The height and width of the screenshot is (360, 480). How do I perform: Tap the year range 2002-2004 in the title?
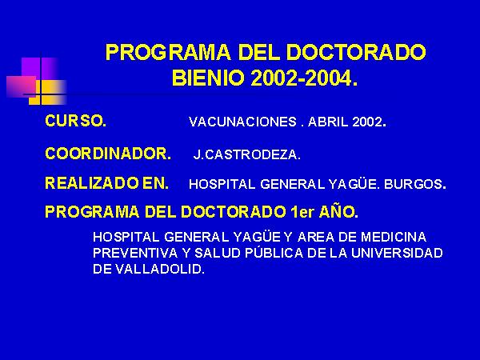coord(303,78)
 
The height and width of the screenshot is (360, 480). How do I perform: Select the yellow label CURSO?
coord(76,121)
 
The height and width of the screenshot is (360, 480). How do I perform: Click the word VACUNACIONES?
coord(242,122)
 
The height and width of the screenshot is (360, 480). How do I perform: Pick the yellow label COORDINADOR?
coord(108,154)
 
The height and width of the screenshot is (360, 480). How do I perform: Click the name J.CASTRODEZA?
coord(246,154)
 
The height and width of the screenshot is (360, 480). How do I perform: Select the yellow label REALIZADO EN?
coord(107,183)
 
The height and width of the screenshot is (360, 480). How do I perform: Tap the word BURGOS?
coord(414,184)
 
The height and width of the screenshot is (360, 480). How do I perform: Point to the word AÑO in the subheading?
coord(338,211)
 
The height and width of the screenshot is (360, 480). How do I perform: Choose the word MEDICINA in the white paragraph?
coord(394,238)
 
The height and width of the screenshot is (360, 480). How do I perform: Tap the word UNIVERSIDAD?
coord(397,253)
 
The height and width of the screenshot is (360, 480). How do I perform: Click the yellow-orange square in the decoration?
coord(47,92)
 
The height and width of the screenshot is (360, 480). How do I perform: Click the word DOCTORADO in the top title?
coord(356,52)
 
